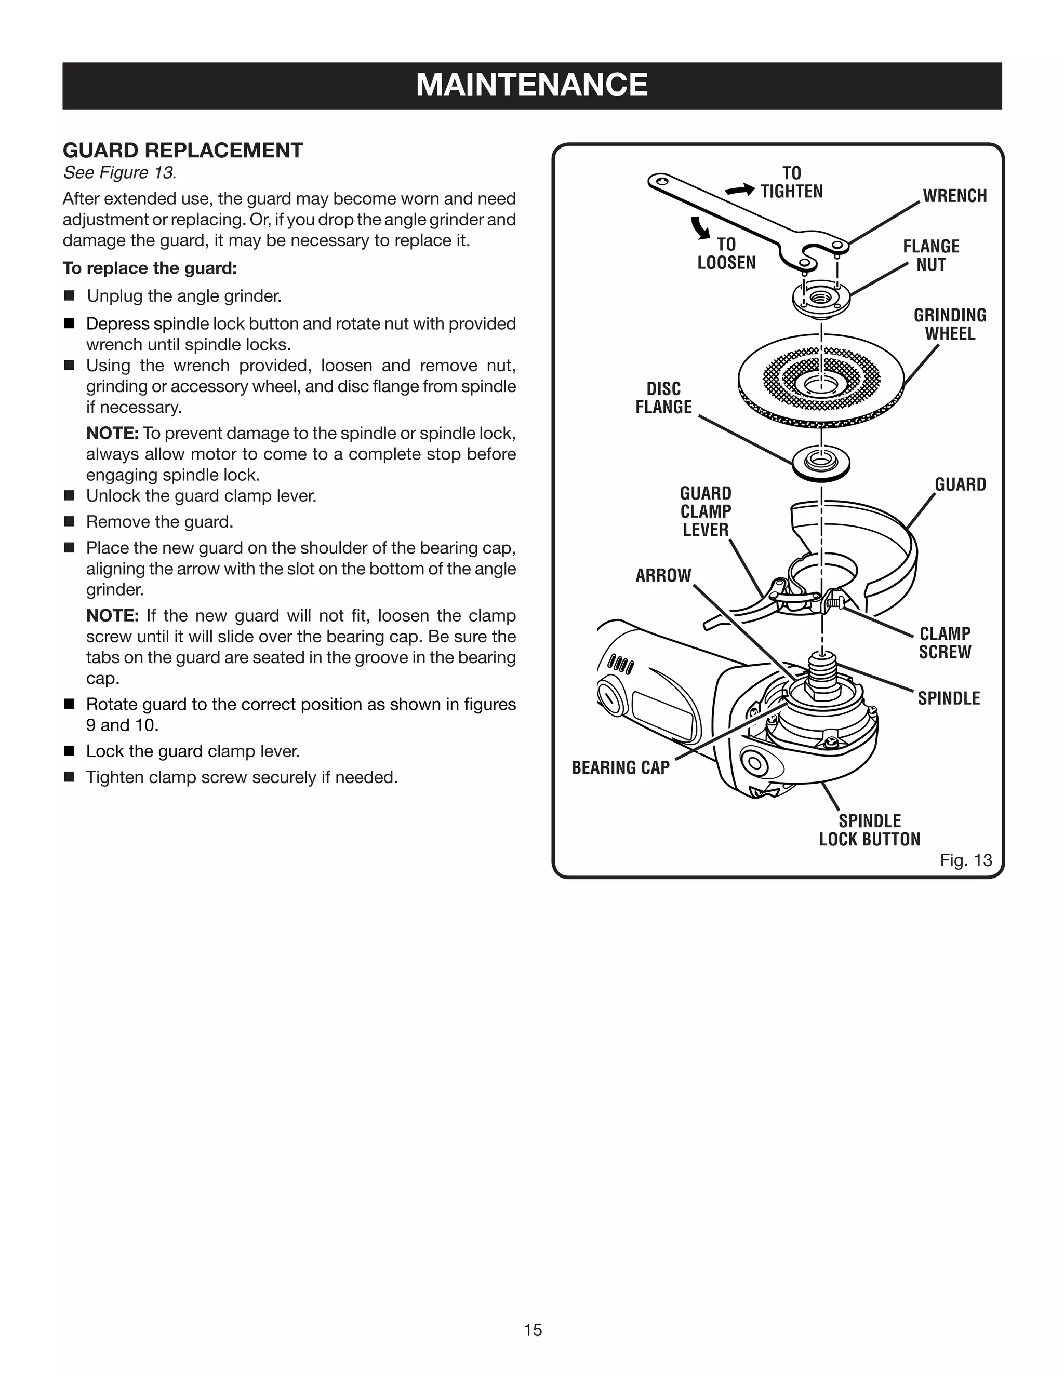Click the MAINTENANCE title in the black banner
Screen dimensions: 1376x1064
(x=531, y=85)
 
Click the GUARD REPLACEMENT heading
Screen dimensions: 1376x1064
(x=183, y=151)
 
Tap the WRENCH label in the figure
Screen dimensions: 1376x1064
(x=954, y=196)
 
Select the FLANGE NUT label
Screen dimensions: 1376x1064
(x=930, y=255)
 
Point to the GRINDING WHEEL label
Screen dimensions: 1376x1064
(x=949, y=325)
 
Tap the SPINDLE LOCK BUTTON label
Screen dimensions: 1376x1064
(x=869, y=830)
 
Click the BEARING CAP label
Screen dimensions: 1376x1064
(x=620, y=767)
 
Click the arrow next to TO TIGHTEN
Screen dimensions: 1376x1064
(x=739, y=190)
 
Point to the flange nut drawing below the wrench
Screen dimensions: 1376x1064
(x=821, y=298)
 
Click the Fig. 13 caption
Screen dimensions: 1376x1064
(x=965, y=860)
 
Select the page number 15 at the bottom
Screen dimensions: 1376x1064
(x=532, y=1329)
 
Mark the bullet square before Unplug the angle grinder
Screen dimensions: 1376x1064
(x=69, y=295)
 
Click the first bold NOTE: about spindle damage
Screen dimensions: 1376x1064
(x=112, y=434)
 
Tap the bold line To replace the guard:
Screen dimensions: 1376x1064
(x=150, y=268)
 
